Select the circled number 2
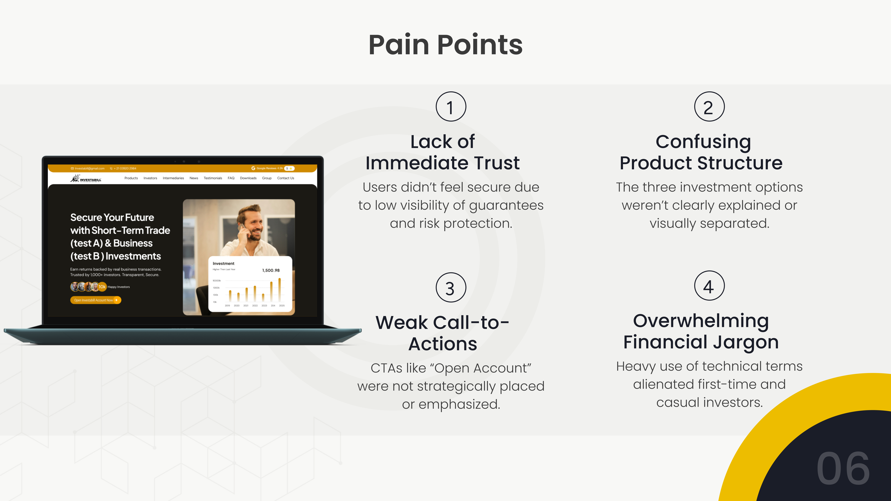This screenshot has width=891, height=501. (x=709, y=107)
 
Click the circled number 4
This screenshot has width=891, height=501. (x=709, y=286)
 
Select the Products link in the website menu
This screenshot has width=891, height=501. (x=131, y=178)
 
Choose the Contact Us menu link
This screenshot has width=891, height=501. (x=285, y=178)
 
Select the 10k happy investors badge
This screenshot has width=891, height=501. (x=102, y=287)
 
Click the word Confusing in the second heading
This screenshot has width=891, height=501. (x=703, y=142)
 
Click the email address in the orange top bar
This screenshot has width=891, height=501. (x=89, y=168)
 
